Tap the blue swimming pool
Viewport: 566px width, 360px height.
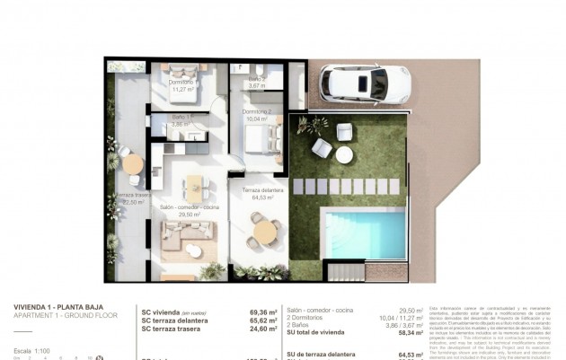click(361, 232)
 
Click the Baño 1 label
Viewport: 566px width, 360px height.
click(182, 121)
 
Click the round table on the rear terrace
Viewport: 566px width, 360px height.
click(133, 164)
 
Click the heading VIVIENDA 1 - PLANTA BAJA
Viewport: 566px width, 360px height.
click(59, 307)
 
